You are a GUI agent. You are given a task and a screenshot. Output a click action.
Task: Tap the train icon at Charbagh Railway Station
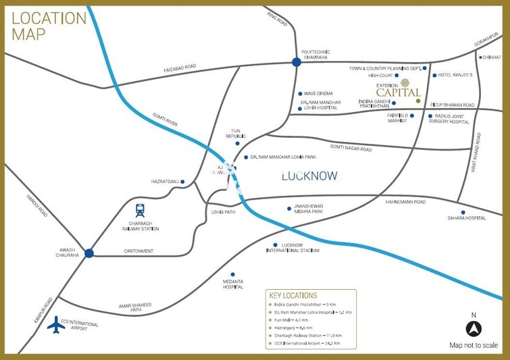[140, 210]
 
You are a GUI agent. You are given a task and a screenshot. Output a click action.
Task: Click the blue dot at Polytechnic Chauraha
[296, 63]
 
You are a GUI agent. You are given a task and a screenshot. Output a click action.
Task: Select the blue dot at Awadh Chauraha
[88, 253]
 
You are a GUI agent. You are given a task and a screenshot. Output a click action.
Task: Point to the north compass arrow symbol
[474, 329]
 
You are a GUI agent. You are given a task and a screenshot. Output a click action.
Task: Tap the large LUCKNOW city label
[309, 176]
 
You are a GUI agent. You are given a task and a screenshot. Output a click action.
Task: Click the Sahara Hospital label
[466, 218]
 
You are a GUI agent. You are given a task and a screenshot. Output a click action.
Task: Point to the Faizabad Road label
[179, 68]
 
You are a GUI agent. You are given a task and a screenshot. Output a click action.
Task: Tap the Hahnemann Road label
[406, 201]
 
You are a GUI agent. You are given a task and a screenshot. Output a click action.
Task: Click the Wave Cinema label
[320, 94]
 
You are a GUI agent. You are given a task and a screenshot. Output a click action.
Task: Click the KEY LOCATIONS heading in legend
[292, 296]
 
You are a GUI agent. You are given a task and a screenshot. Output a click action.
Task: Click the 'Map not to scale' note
[474, 345]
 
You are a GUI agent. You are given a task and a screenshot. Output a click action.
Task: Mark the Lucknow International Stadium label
[301, 247]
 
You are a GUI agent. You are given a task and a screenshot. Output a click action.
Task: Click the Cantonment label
[138, 251]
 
